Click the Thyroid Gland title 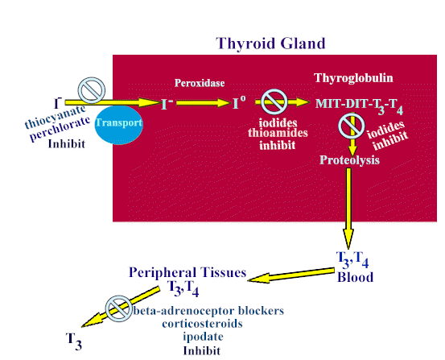click(270, 43)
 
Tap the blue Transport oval click(118, 125)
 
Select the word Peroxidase click(200, 83)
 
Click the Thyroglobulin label click(353, 78)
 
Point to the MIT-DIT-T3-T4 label click(359, 106)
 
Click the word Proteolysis click(349, 160)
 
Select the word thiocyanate click(55, 117)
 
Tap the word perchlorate click(60, 129)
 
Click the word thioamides click(278, 133)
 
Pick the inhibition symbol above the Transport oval click(92, 90)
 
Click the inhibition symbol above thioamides click(274, 101)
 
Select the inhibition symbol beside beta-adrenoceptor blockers click(119, 308)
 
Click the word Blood click(355, 277)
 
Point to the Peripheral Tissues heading click(187, 272)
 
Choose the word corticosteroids click(202, 324)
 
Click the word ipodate click(203, 337)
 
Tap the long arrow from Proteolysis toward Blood click(348, 209)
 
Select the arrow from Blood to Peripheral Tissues click(290, 275)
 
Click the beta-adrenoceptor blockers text click(208, 311)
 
